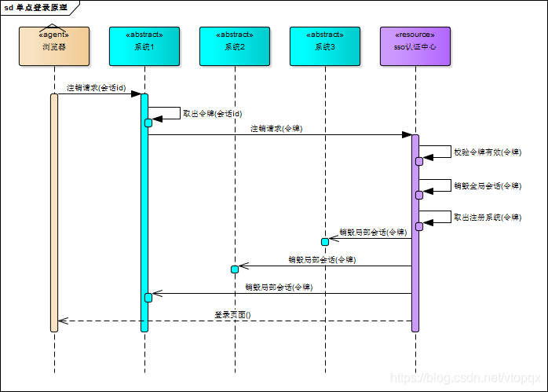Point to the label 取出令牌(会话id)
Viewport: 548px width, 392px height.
pyautogui.click(x=212, y=113)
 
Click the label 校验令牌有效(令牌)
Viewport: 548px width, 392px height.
pyautogui.click(x=487, y=152)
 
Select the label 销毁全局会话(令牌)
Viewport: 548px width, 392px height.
pyautogui.click(x=487, y=185)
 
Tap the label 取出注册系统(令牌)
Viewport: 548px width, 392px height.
pyautogui.click(x=487, y=217)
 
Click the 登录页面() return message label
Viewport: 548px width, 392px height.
pyautogui.click(x=232, y=314)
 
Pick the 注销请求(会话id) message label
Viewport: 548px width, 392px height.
pyautogui.click(x=96, y=87)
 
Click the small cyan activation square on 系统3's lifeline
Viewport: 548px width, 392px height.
pyautogui.click(x=324, y=241)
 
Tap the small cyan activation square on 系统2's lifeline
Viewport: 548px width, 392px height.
pyautogui.click(x=234, y=269)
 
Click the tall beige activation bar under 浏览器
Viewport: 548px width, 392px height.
pyautogui.click(x=54, y=212)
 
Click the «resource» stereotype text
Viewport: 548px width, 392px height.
pyautogui.click(x=415, y=35)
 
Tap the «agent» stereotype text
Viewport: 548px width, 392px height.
pyautogui.click(x=54, y=35)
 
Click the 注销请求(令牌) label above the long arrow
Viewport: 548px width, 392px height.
pyautogui.click(x=276, y=128)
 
